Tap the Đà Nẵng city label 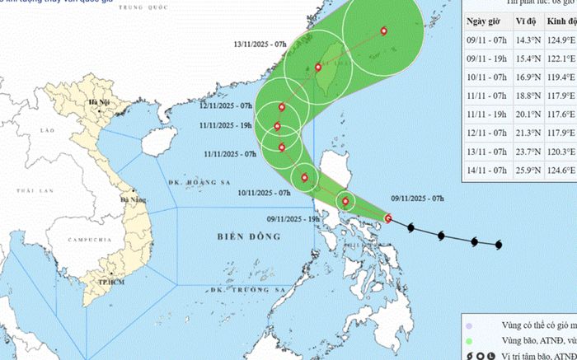(134, 200)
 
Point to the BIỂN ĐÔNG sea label (248, 236)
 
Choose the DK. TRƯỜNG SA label (241, 290)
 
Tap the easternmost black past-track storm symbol (500, 245)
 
